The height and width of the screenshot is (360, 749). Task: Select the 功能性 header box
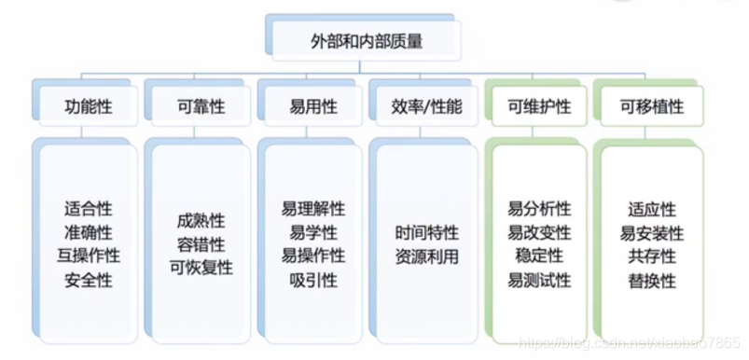click(90, 106)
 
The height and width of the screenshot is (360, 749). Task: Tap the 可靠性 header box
click(201, 106)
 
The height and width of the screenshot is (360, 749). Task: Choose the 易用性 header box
click(313, 106)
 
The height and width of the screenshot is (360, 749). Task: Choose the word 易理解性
click(313, 210)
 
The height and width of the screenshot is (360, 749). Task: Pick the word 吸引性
click(313, 278)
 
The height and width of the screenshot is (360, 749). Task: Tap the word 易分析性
click(540, 210)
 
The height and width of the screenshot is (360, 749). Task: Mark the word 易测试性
click(540, 278)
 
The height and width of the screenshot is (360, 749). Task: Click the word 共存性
click(652, 255)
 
